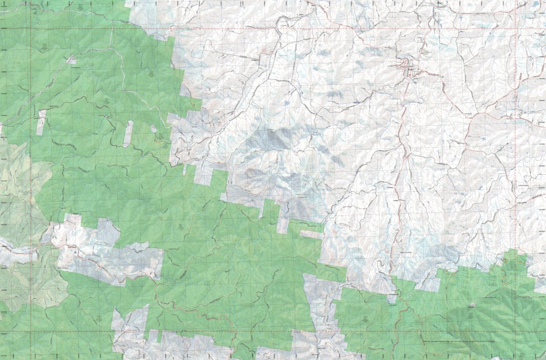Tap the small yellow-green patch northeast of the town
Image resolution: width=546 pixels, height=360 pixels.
[x=425, y=52]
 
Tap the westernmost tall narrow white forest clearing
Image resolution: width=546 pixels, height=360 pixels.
[x=41, y=122]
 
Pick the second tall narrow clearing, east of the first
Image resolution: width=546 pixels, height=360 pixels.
[x=128, y=134]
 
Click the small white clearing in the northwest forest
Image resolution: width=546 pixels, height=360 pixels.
[x=72, y=59]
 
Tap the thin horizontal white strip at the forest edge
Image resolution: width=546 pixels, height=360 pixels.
[x=311, y=234]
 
